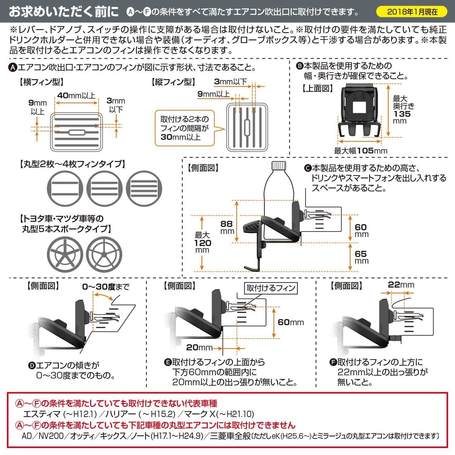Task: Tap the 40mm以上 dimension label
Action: point(76,96)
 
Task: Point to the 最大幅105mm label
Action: point(361,150)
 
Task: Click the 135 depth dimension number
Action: point(402,114)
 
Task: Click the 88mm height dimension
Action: point(227,227)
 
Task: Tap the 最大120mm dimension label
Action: point(203,243)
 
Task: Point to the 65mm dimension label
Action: point(362,257)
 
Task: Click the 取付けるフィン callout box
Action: point(271,288)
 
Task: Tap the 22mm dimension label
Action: point(401,285)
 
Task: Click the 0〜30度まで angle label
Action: point(106,286)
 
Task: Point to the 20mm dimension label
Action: point(199,347)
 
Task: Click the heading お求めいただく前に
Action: point(64,12)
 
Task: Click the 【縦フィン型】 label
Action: point(173,82)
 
